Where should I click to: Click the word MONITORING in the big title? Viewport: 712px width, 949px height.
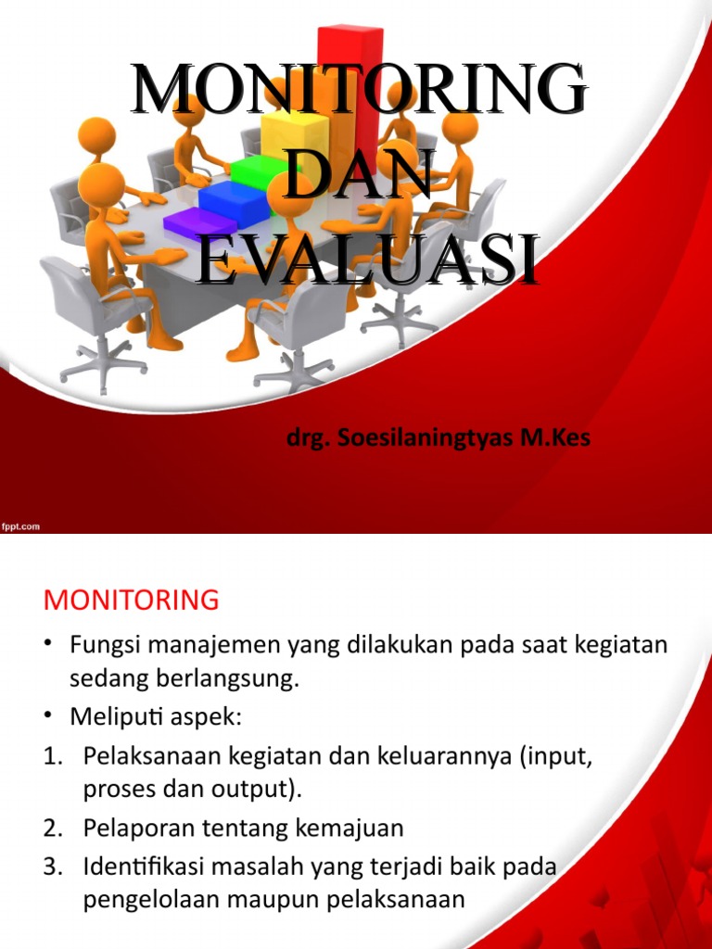(358, 91)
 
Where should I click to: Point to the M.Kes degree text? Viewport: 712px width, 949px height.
(555, 438)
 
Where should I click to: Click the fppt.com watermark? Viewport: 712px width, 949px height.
(20, 525)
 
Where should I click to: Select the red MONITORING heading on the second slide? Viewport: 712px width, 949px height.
(131, 601)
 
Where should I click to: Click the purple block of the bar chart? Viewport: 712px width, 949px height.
(197, 222)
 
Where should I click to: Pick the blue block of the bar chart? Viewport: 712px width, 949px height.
(228, 197)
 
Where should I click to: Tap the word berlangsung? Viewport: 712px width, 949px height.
(238, 678)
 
